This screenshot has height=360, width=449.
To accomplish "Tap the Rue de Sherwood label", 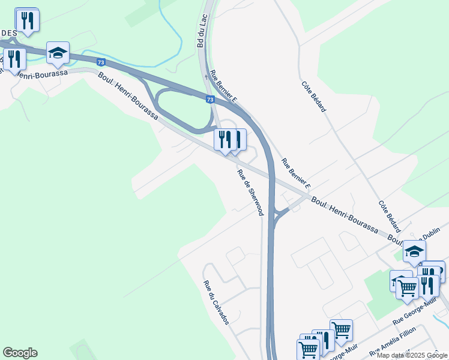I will (250, 193).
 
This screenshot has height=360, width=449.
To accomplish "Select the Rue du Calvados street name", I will (216, 302).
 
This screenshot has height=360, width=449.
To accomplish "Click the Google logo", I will (20, 353).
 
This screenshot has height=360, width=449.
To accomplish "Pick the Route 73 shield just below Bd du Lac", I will (209, 100).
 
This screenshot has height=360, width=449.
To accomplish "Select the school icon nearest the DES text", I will (58, 53).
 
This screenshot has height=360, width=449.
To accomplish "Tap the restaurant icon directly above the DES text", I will (27, 20).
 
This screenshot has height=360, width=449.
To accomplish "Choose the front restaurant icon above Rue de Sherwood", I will (225, 140).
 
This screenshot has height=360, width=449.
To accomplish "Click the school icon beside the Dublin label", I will (414, 251).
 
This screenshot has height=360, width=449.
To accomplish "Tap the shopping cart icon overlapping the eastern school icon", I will (407, 289).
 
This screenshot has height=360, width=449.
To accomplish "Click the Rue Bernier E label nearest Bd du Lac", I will (223, 87).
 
